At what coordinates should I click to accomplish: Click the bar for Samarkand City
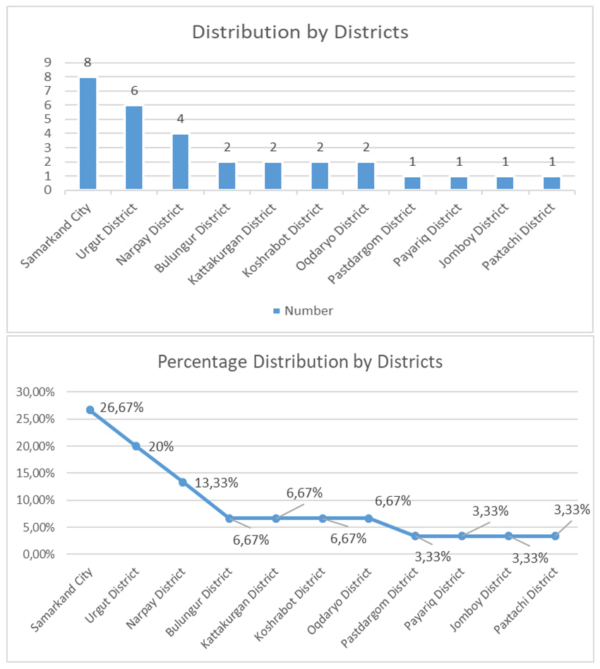pyautogui.click(x=88, y=134)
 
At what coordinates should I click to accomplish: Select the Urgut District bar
pyautogui.click(x=134, y=148)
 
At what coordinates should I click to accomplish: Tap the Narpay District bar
pyautogui.click(x=180, y=162)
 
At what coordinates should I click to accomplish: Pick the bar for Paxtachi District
pyautogui.click(x=551, y=183)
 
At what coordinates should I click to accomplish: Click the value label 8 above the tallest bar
pyautogui.click(x=88, y=62)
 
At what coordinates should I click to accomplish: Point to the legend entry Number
pyautogui.click(x=303, y=311)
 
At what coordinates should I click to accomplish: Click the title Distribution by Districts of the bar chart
pyautogui.click(x=300, y=32)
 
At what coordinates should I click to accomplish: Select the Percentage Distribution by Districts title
pyautogui.click(x=300, y=361)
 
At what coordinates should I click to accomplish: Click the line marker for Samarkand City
pyautogui.click(x=90, y=410)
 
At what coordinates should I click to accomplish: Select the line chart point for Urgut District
pyautogui.click(x=136, y=446)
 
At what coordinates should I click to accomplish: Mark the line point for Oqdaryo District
pyautogui.click(x=368, y=518)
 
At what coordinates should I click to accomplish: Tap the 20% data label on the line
pyautogui.click(x=161, y=446)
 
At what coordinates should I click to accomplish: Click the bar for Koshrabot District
pyautogui.click(x=319, y=176)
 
